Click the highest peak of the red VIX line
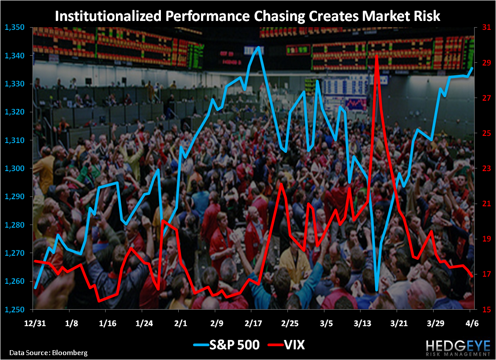377,55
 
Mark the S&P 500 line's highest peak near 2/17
258,47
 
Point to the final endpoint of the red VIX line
472,277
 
